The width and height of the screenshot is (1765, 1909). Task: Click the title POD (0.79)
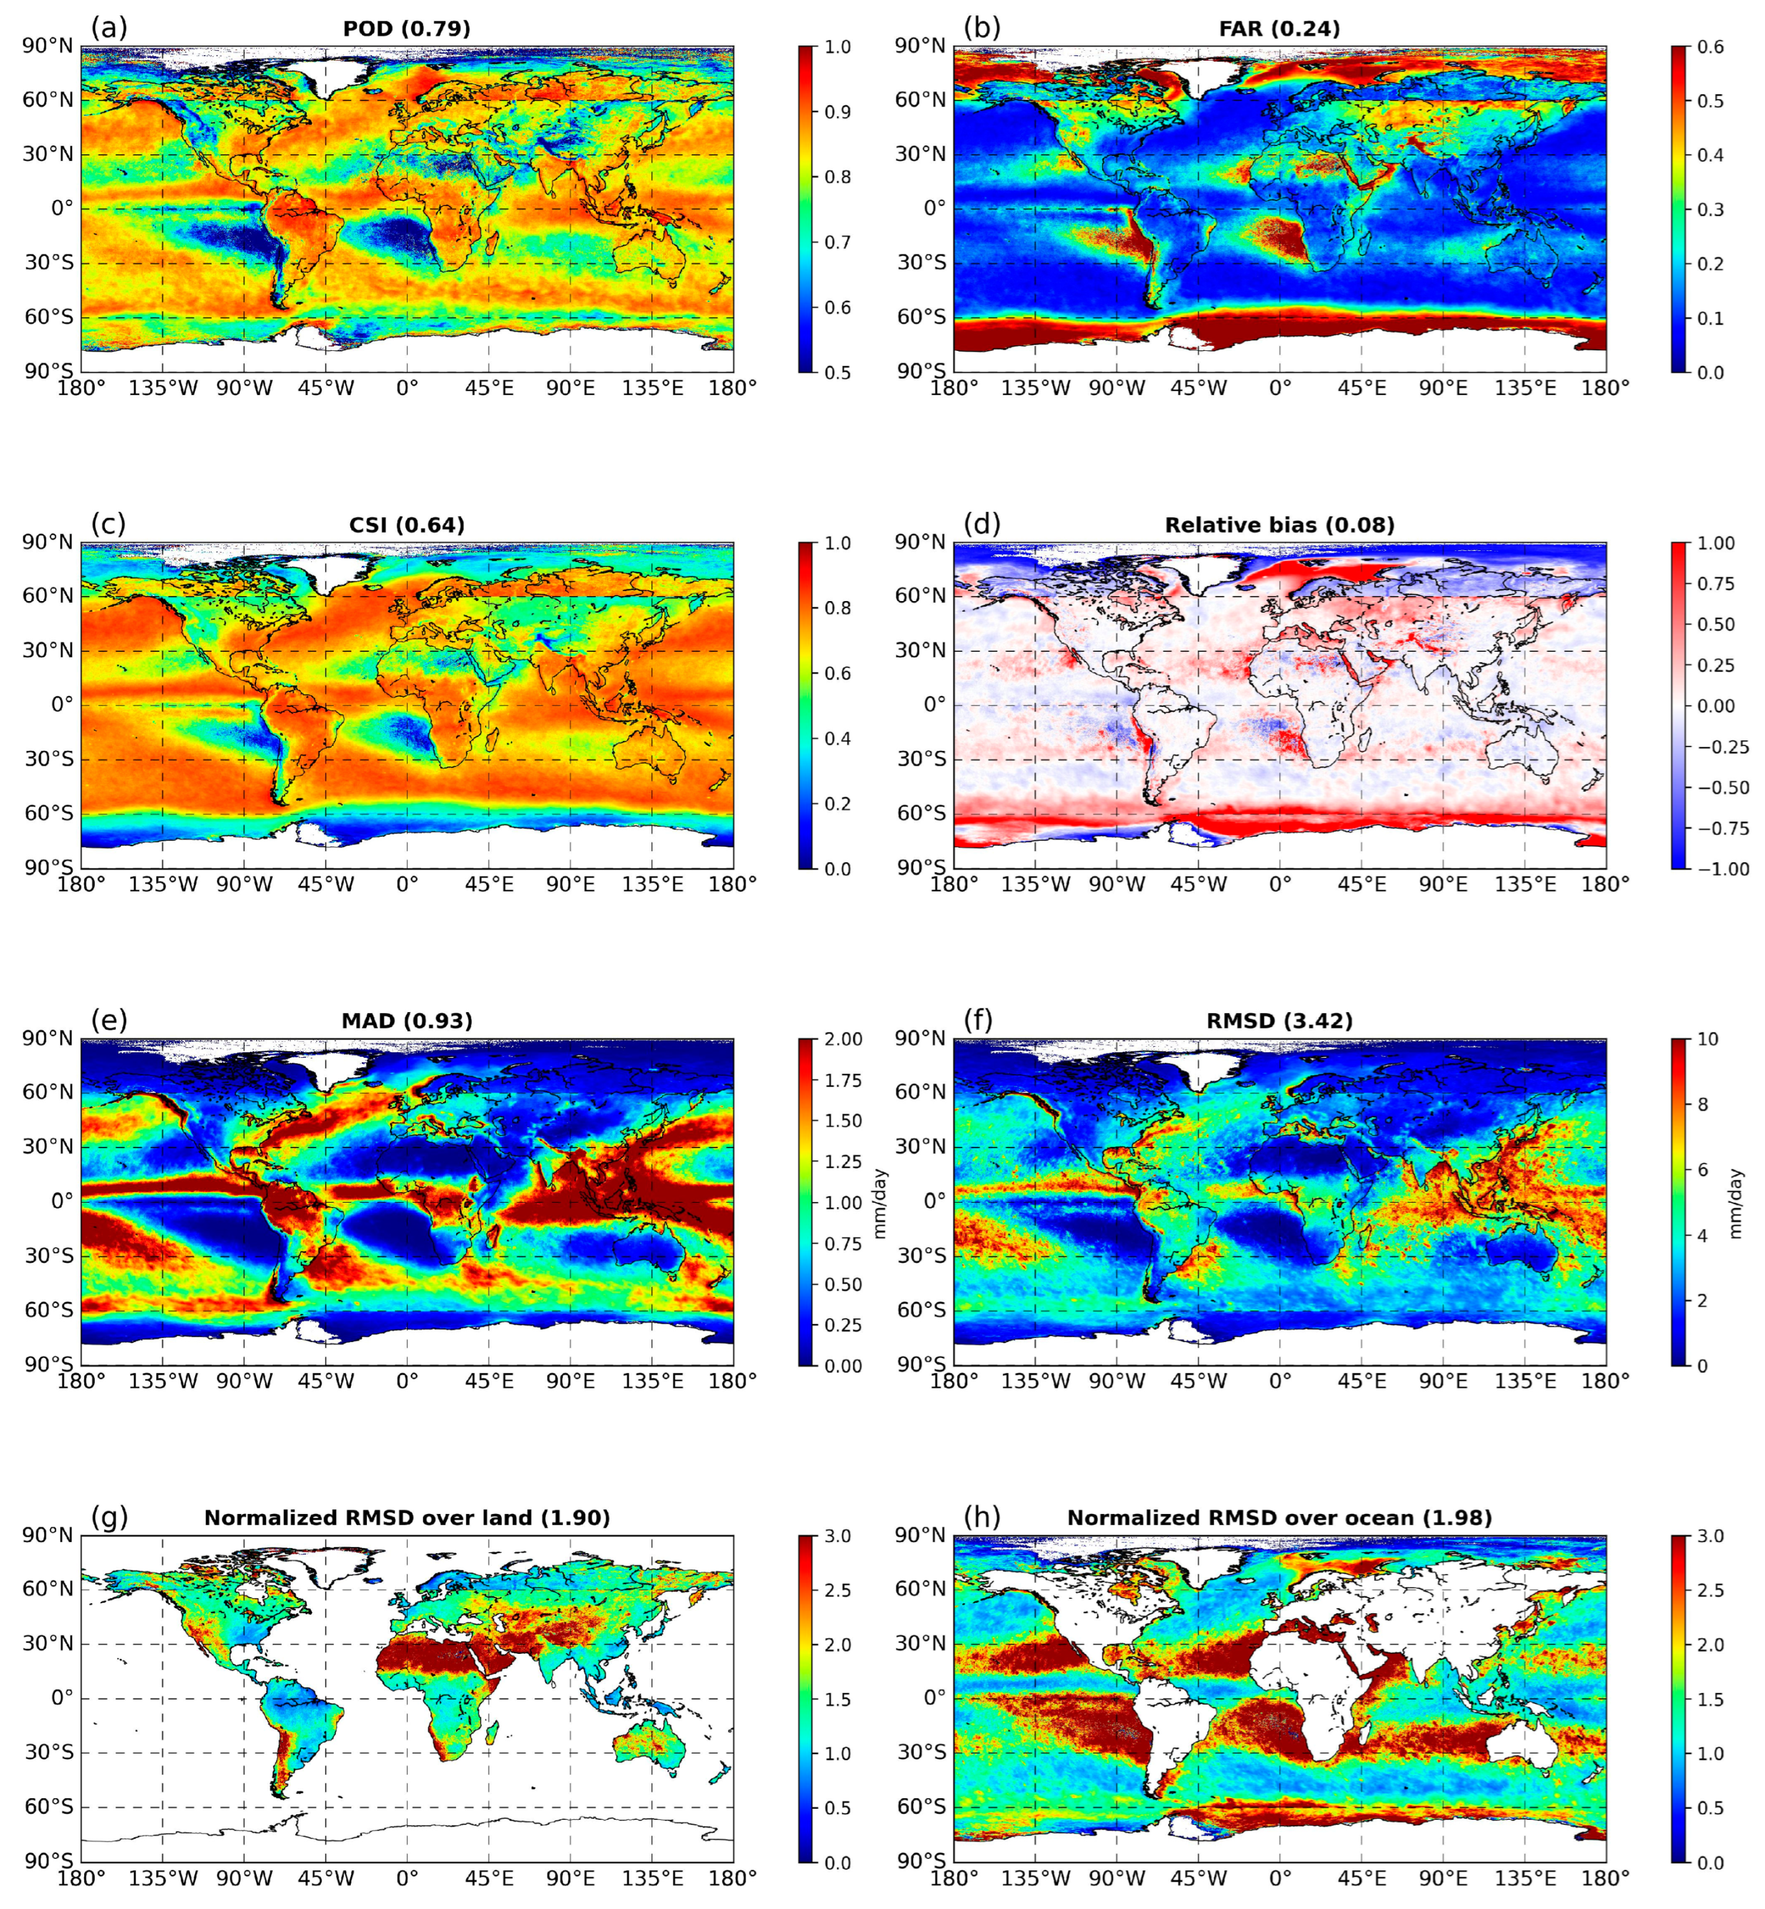click(x=407, y=28)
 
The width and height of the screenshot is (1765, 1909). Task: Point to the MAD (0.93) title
click(x=407, y=1021)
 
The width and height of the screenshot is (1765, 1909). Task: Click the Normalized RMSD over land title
click(x=407, y=1517)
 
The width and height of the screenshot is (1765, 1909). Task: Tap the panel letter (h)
click(x=981, y=1517)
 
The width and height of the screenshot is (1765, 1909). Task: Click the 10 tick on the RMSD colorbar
click(x=1707, y=1039)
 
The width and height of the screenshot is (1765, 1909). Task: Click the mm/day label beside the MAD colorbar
click(x=880, y=1202)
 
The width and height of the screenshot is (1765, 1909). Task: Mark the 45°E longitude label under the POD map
click(x=489, y=389)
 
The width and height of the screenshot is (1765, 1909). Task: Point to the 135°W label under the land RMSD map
click(x=162, y=1877)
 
